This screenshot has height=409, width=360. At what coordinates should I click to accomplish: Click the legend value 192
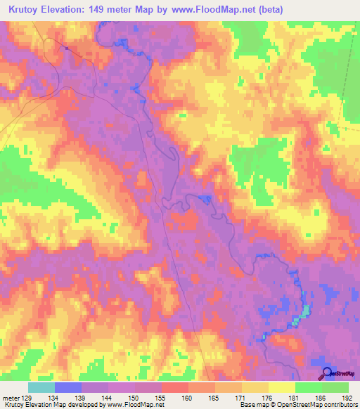coord(348,397)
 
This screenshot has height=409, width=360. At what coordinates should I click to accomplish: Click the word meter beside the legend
coord(10,397)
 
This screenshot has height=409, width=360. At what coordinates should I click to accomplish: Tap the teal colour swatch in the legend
coord(41,387)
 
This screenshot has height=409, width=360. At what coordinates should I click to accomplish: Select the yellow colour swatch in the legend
coord(281,387)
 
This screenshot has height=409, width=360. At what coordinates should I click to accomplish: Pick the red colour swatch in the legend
coord(174,387)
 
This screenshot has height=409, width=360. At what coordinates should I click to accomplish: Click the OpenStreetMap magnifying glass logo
coord(326,372)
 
